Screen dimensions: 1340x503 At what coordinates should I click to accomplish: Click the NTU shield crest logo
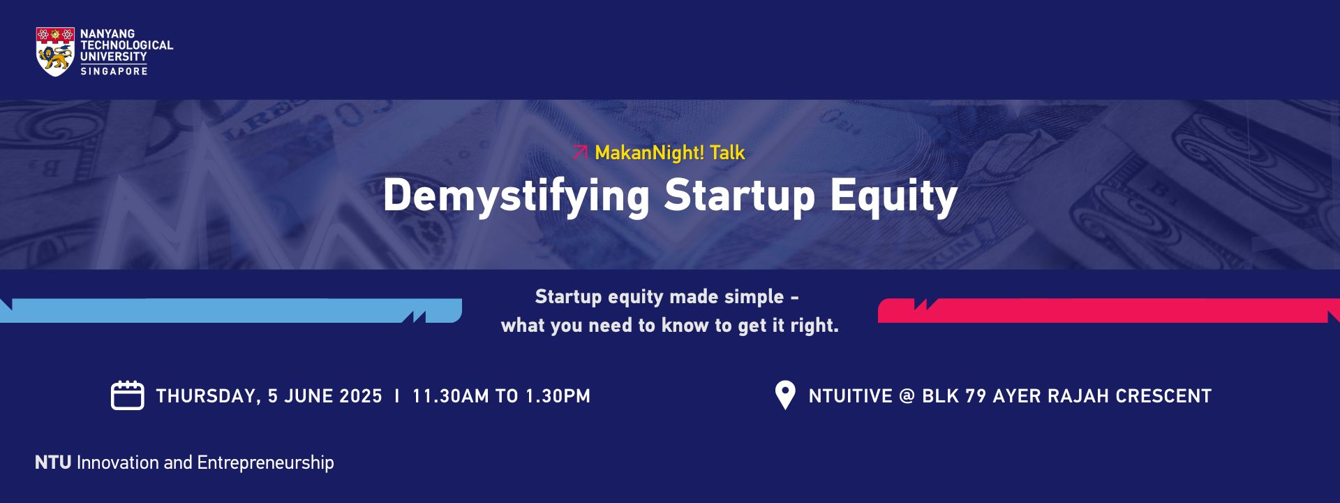coord(55,52)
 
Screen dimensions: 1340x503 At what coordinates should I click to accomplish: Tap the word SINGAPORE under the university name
coord(114,71)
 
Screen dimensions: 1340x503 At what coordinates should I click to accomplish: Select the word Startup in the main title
coord(740,196)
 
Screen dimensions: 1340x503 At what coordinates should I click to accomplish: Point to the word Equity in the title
coord(894,196)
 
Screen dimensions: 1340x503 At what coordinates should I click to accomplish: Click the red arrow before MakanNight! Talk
coord(580,152)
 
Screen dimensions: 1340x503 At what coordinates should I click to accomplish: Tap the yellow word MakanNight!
coord(649,153)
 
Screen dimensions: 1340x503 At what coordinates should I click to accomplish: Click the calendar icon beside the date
coord(128,395)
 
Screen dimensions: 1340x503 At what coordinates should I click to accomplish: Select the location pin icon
coord(785,395)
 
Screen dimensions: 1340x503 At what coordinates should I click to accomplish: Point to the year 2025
coord(360,396)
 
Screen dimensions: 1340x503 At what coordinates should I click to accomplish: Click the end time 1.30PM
coord(558,396)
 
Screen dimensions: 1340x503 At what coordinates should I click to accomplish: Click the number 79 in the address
coord(976,396)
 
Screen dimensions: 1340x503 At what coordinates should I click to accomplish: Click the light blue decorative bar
coord(231,311)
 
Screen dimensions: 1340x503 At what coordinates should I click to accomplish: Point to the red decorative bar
coord(1109,311)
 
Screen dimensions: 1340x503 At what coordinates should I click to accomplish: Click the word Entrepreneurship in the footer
coord(265,463)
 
